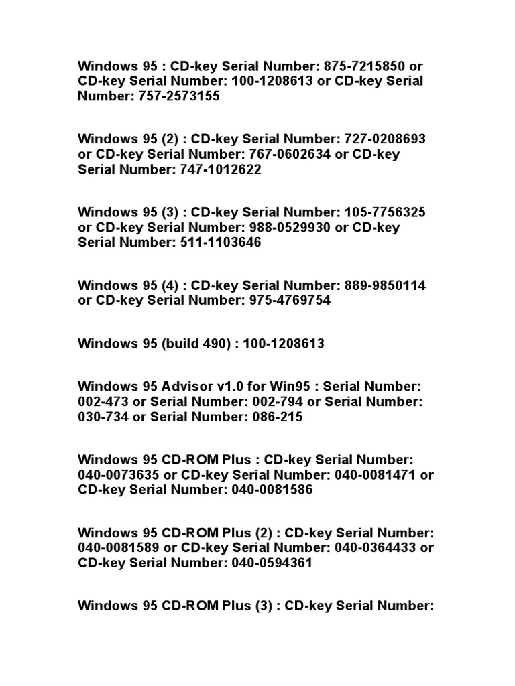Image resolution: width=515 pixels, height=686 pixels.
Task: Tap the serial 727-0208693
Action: (x=385, y=139)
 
